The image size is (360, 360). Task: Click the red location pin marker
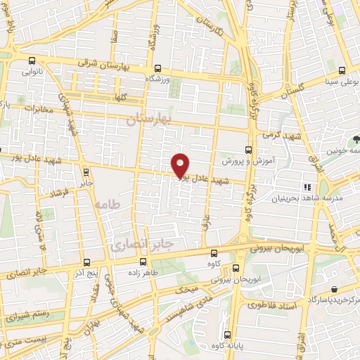tap(181, 165)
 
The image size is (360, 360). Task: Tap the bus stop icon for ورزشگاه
tap(157, 69)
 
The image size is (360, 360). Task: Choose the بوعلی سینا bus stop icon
tap(342, 70)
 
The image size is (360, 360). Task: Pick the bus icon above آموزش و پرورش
tap(247, 149)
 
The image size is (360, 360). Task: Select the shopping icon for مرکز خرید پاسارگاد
tap(333, 288)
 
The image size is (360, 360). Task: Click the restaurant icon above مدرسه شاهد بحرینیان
tap(307, 187)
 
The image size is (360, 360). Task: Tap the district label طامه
tap(106, 204)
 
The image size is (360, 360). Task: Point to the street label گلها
tap(118, 98)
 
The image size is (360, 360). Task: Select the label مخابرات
tap(39, 110)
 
